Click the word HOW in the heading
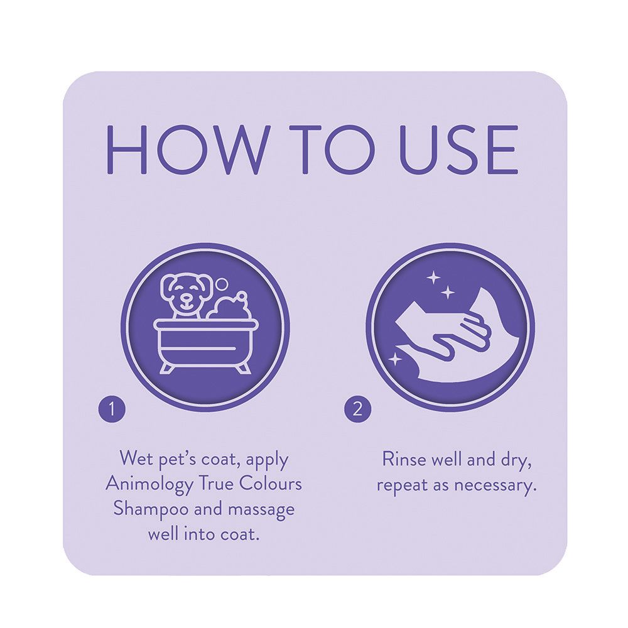[187, 149]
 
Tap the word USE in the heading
[458, 149]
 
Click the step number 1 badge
[112, 409]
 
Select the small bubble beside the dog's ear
[222, 284]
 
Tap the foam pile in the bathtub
[229, 306]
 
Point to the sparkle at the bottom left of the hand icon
[396, 359]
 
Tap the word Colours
[270, 484]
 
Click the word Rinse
[403, 459]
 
